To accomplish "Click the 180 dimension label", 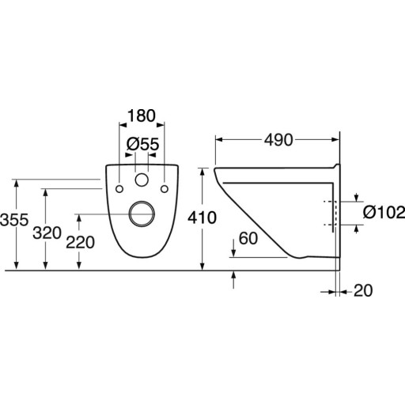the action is point(142,115).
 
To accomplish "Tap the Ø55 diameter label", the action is point(142,144).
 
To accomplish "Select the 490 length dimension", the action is point(278,140).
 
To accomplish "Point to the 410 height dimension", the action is point(202,218).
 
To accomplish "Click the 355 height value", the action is point(14,220).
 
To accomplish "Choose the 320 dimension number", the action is point(47,233).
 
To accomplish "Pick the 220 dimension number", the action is point(80,242).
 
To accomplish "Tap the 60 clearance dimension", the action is point(248,238).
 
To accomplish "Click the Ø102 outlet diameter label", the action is point(384,212).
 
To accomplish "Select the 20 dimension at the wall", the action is point(363,290).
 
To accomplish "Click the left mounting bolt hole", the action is point(119,189).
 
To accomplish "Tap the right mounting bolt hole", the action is point(165,189).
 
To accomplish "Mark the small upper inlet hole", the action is point(142,180).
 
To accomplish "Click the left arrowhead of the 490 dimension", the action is point(219,139).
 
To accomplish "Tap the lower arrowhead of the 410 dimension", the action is point(202,267).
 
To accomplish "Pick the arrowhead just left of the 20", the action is point(331,292).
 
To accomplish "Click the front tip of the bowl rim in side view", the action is point(214,169).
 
